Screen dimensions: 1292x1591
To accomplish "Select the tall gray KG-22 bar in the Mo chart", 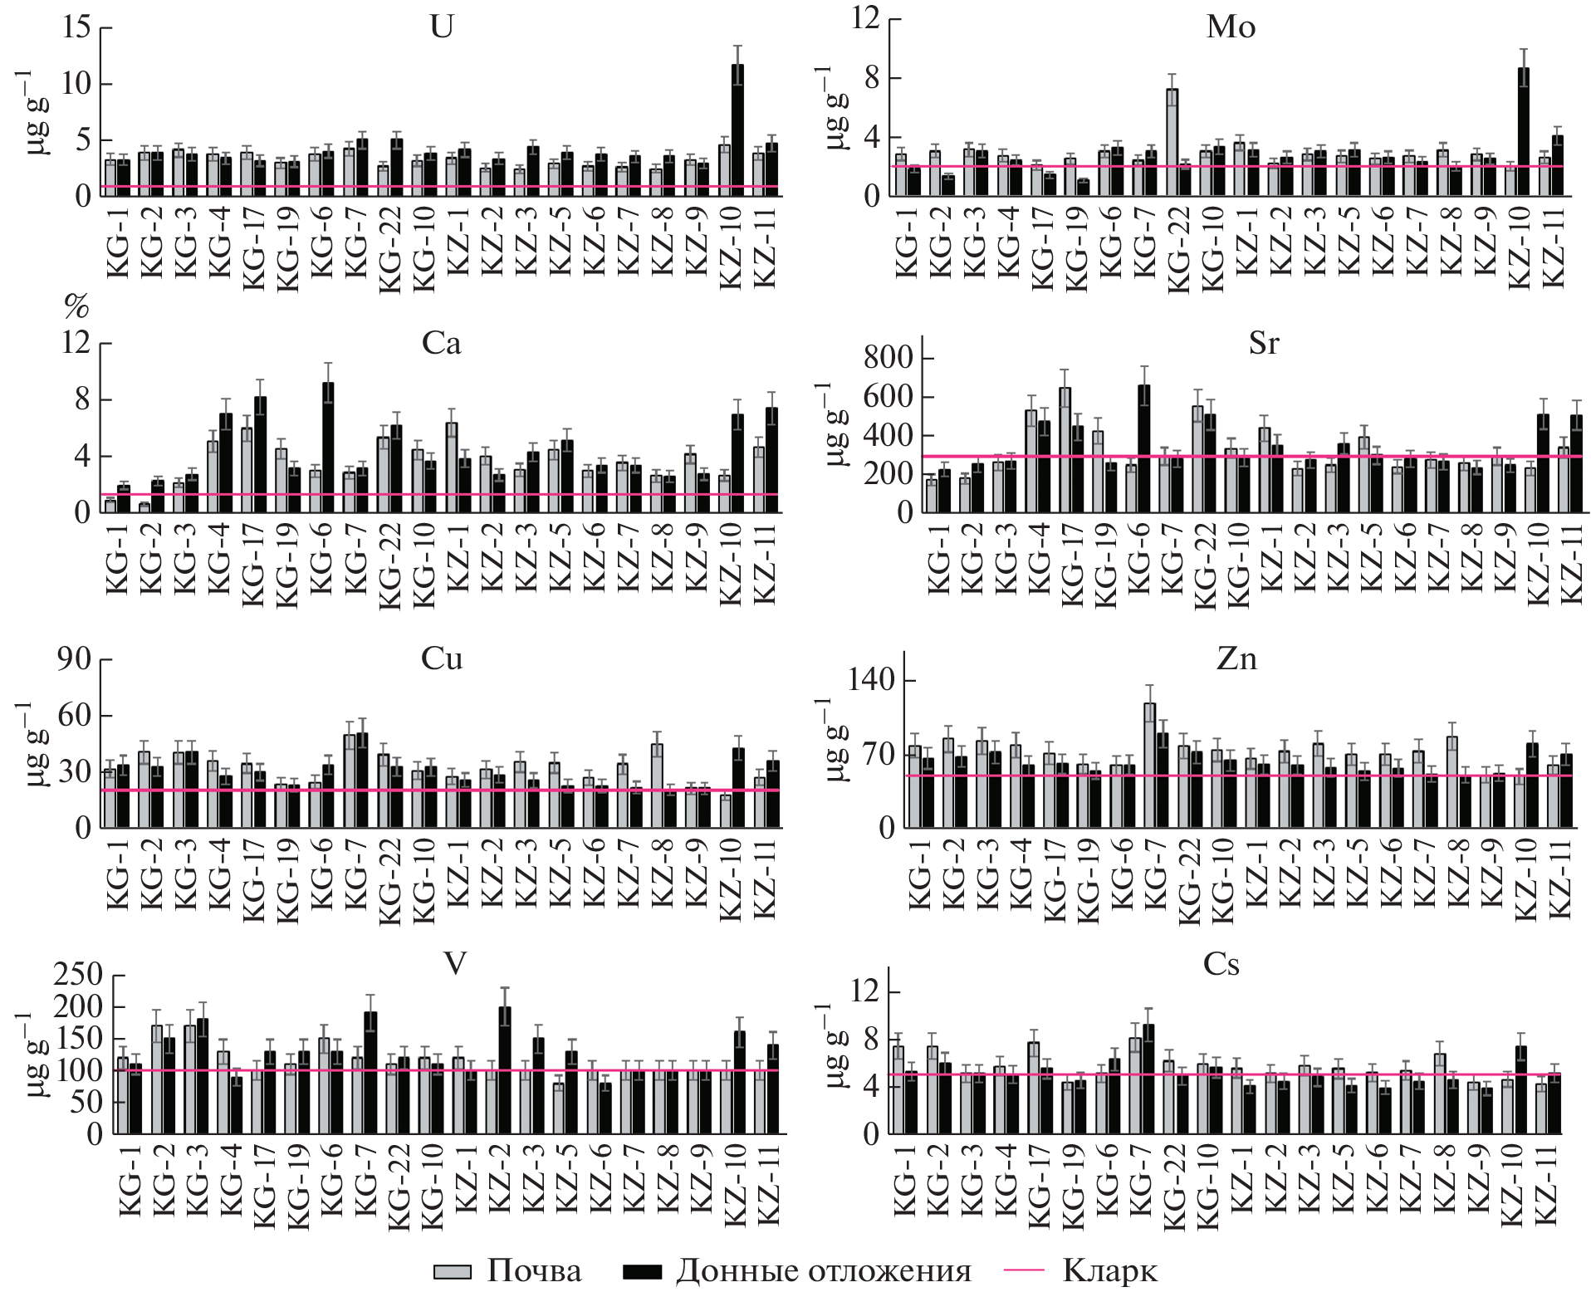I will (x=1172, y=141).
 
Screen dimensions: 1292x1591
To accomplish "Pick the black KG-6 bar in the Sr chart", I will (x=1143, y=448).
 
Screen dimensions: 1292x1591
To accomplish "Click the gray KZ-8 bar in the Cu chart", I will (x=657, y=785).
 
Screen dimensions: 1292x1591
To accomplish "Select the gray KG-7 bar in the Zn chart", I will (x=1149, y=764).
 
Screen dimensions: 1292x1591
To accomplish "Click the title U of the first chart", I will (x=441, y=28).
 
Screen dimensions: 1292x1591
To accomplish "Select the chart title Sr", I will (x=1263, y=344).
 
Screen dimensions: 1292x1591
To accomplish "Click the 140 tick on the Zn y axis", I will (x=871, y=681).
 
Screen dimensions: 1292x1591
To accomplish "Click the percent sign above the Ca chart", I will (x=76, y=308).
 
